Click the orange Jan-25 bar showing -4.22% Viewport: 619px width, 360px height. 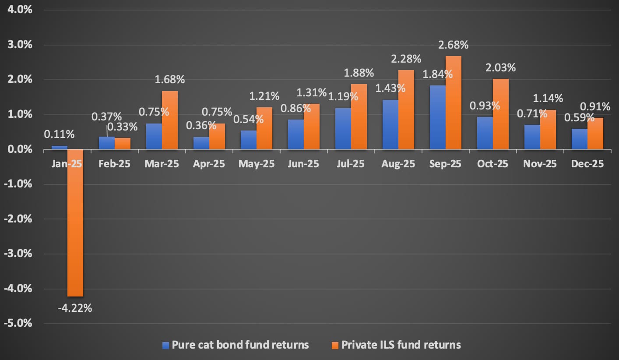75,223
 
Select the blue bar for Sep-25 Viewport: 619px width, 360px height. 437,117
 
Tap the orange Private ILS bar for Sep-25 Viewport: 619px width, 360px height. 454,103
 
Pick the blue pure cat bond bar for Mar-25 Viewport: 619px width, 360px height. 154,136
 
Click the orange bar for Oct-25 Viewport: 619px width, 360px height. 501,114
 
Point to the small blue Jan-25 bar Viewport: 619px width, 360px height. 60,148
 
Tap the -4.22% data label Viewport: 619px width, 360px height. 75,308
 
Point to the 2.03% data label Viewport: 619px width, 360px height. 501,68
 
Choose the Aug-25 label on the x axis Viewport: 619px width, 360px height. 397,164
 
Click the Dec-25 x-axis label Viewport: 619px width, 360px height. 587,164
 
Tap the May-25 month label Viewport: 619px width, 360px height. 256,164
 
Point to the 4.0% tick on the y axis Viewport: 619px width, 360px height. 18,10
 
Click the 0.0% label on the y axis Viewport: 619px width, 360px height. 18,149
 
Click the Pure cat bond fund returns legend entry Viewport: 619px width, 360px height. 236,345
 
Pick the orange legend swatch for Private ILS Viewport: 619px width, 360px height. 335,346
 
